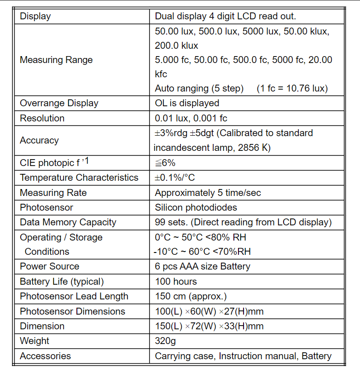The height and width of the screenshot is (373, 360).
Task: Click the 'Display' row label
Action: point(35,17)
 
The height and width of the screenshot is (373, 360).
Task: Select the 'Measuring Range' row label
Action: point(56,60)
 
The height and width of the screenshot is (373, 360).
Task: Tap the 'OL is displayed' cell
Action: point(187,103)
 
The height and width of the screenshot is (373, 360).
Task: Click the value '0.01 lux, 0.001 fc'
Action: point(191,118)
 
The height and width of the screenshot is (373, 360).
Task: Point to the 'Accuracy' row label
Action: point(39,140)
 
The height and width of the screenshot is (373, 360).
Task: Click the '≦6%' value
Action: point(165,163)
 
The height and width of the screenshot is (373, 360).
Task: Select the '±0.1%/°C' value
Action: point(175,178)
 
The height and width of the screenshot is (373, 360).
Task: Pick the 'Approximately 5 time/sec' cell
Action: point(208,193)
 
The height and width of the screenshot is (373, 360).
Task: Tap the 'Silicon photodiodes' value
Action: point(196,207)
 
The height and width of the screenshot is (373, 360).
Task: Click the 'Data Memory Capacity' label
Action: point(68,222)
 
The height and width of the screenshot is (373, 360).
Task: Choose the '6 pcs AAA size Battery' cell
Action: point(203,266)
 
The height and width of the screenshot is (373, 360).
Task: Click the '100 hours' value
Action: point(176,281)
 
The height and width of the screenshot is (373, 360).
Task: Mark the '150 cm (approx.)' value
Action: point(191,296)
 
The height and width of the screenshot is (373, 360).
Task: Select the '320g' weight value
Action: point(165,341)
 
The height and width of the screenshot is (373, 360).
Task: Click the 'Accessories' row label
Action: point(45,356)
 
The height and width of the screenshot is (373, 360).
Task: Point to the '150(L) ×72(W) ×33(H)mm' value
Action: point(209,326)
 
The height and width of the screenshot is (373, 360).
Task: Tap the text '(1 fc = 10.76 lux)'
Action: point(292,88)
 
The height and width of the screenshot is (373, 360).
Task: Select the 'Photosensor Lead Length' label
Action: point(74,296)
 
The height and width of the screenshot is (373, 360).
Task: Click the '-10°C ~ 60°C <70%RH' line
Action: point(203,252)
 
